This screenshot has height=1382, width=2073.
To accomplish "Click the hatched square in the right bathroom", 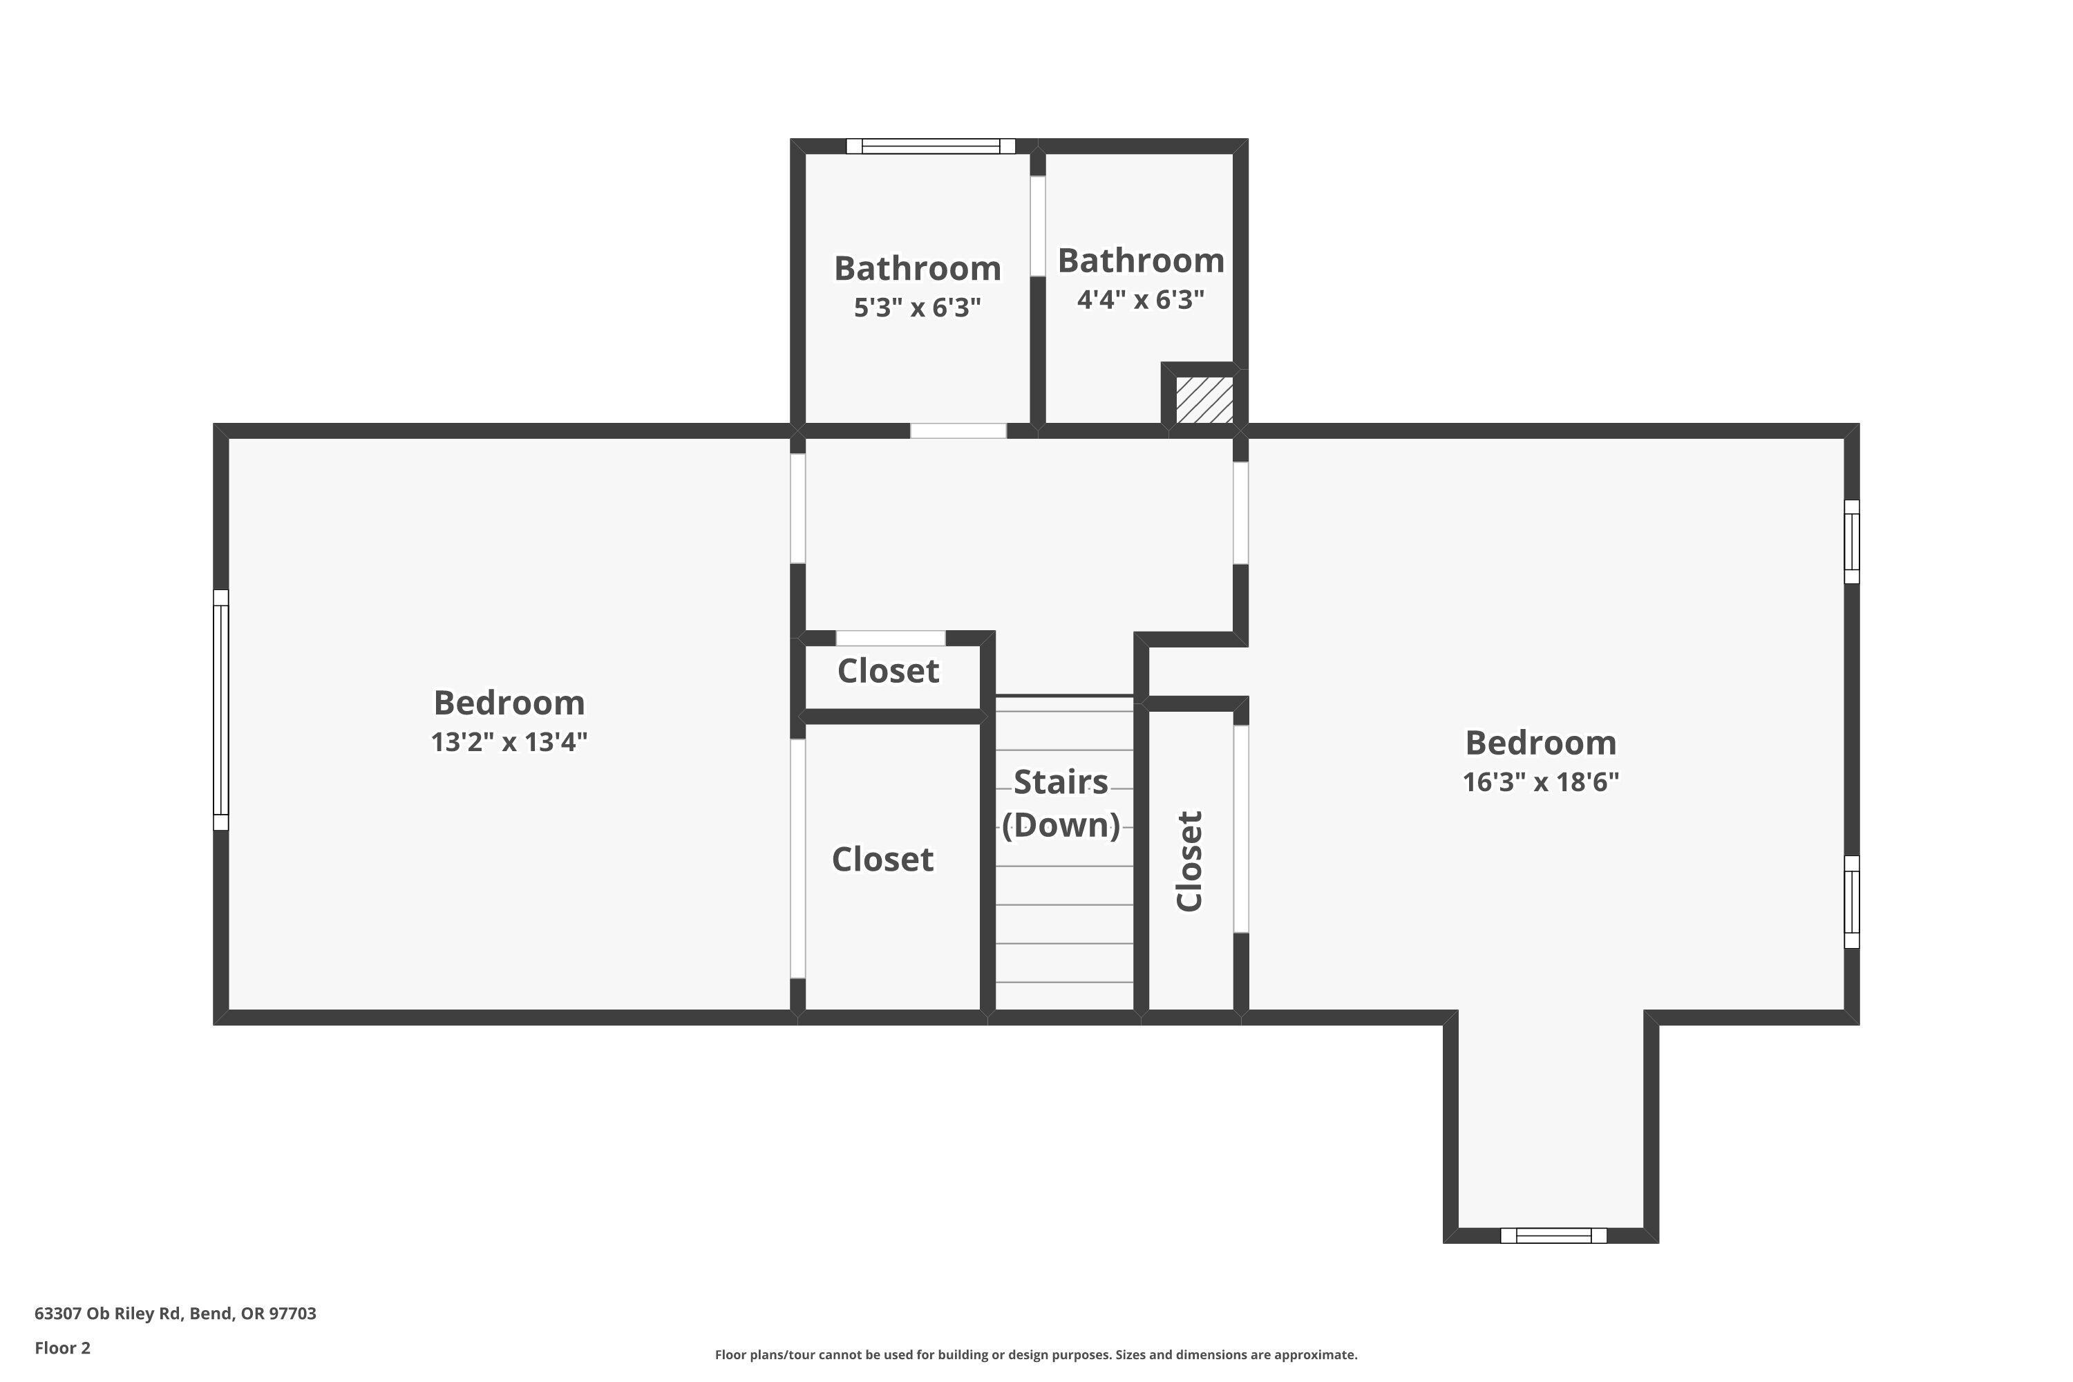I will pos(1204,400).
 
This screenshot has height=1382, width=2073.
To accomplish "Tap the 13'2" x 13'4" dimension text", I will pos(509,742).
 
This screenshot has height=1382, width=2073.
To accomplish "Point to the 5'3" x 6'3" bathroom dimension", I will pos(917,307).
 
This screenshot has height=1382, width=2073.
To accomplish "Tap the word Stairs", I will pos(1060,782).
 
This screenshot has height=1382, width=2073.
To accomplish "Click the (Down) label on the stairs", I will pos(1060,825).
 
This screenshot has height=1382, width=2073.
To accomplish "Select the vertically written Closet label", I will pos(1189,861).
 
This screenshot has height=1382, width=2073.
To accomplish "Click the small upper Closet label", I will pos(887,671).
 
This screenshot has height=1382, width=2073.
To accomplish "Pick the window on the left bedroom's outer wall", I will pos(221,710).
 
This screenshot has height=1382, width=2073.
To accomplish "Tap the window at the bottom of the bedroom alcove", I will pos(1553,1236).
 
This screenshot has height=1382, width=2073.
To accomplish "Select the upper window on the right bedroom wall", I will pos(1852,541).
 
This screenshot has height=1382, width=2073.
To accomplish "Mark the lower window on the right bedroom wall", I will pos(1852,902).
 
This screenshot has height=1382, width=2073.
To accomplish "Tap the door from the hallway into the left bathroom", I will pos(957,431).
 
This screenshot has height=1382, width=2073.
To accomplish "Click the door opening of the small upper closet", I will pos(890,638).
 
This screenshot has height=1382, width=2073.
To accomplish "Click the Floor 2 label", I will pos(63,1347).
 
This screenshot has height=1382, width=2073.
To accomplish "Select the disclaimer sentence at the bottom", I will pos(1036,1354).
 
